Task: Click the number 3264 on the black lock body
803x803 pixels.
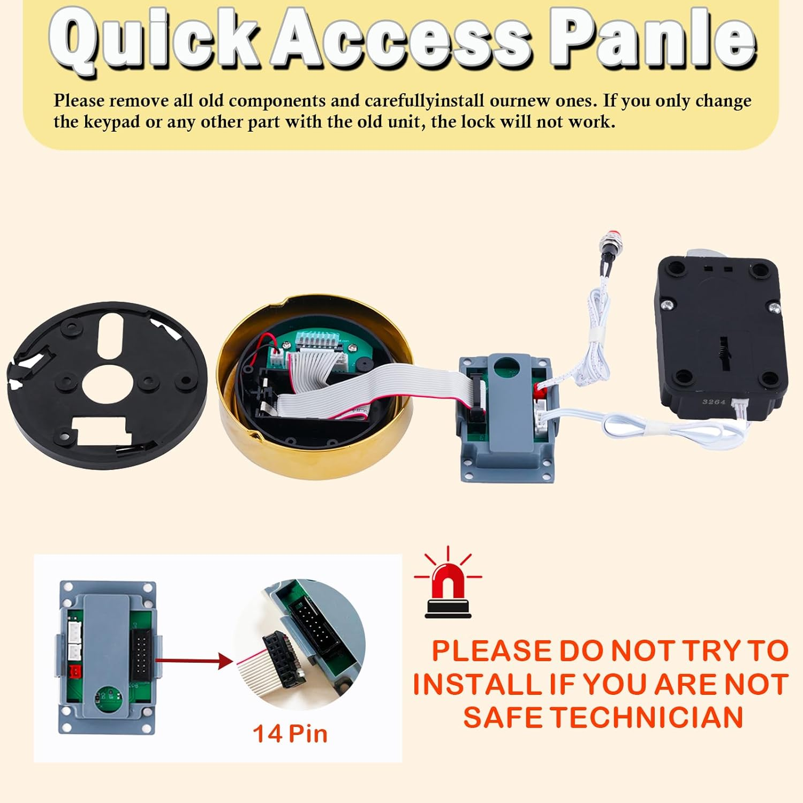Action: click(714, 401)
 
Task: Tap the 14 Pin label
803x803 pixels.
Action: click(290, 733)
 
